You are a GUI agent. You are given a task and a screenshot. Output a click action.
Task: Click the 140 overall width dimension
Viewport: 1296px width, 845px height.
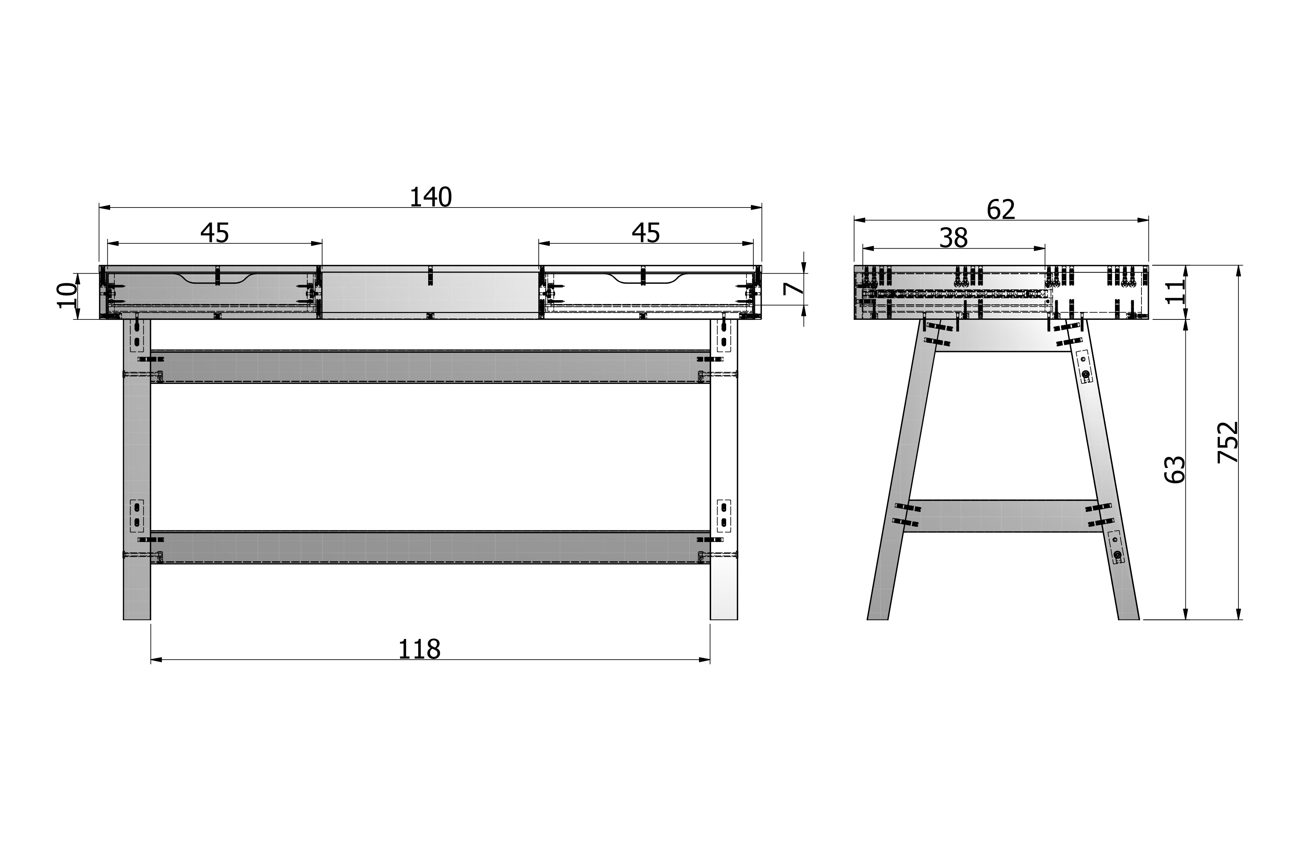430,197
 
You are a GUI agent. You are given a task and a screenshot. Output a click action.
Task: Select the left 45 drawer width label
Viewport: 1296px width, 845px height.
215,233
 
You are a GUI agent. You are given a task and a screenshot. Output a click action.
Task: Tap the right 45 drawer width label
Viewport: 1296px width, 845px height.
646,233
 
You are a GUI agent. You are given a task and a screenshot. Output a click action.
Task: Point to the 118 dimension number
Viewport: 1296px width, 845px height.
419,649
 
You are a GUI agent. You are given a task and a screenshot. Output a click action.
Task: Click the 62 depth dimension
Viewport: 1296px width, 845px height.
1001,210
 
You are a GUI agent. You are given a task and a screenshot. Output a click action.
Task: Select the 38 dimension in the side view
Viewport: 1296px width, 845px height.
953,238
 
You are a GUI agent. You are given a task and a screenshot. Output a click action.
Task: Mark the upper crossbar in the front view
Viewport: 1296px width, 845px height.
430,367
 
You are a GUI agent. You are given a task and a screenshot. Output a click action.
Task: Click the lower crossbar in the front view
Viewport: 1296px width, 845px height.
430,547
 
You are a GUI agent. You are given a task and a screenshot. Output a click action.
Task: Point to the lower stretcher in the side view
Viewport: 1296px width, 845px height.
1002,516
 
